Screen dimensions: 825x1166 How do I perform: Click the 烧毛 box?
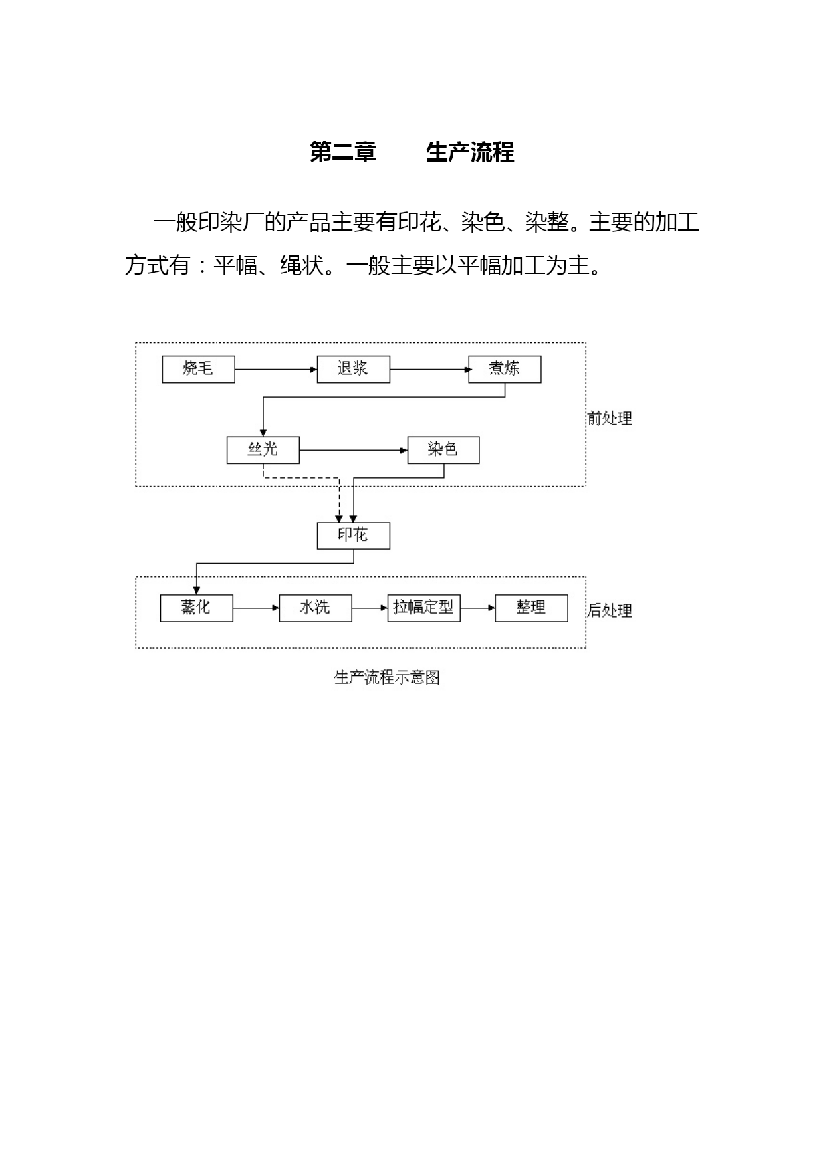point(198,369)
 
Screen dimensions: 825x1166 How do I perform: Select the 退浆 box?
point(353,369)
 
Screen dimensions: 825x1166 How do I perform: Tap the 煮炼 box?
point(505,369)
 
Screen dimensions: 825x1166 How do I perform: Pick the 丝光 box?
point(263,450)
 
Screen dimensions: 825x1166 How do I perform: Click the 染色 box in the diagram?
point(443,450)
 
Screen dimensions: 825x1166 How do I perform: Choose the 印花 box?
point(353,536)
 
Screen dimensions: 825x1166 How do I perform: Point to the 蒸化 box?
point(196,608)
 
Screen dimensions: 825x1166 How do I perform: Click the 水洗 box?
point(315,608)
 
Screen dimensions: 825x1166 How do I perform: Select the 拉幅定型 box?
point(423,608)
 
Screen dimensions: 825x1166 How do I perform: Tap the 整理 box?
point(532,608)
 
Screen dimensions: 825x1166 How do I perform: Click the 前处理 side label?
point(610,418)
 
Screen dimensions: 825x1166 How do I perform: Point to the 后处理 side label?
point(610,610)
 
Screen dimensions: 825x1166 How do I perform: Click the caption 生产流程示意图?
point(387,677)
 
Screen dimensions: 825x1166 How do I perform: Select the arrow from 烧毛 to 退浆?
point(276,369)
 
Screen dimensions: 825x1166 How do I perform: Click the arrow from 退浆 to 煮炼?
point(429,369)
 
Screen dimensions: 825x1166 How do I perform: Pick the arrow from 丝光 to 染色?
point(353,450)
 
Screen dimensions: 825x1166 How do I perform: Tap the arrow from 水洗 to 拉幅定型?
point(370,608)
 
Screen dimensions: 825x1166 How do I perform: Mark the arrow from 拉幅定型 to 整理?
point(478,608)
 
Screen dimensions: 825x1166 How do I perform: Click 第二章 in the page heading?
point(343,152)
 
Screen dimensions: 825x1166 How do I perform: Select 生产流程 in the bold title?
point(470,152)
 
